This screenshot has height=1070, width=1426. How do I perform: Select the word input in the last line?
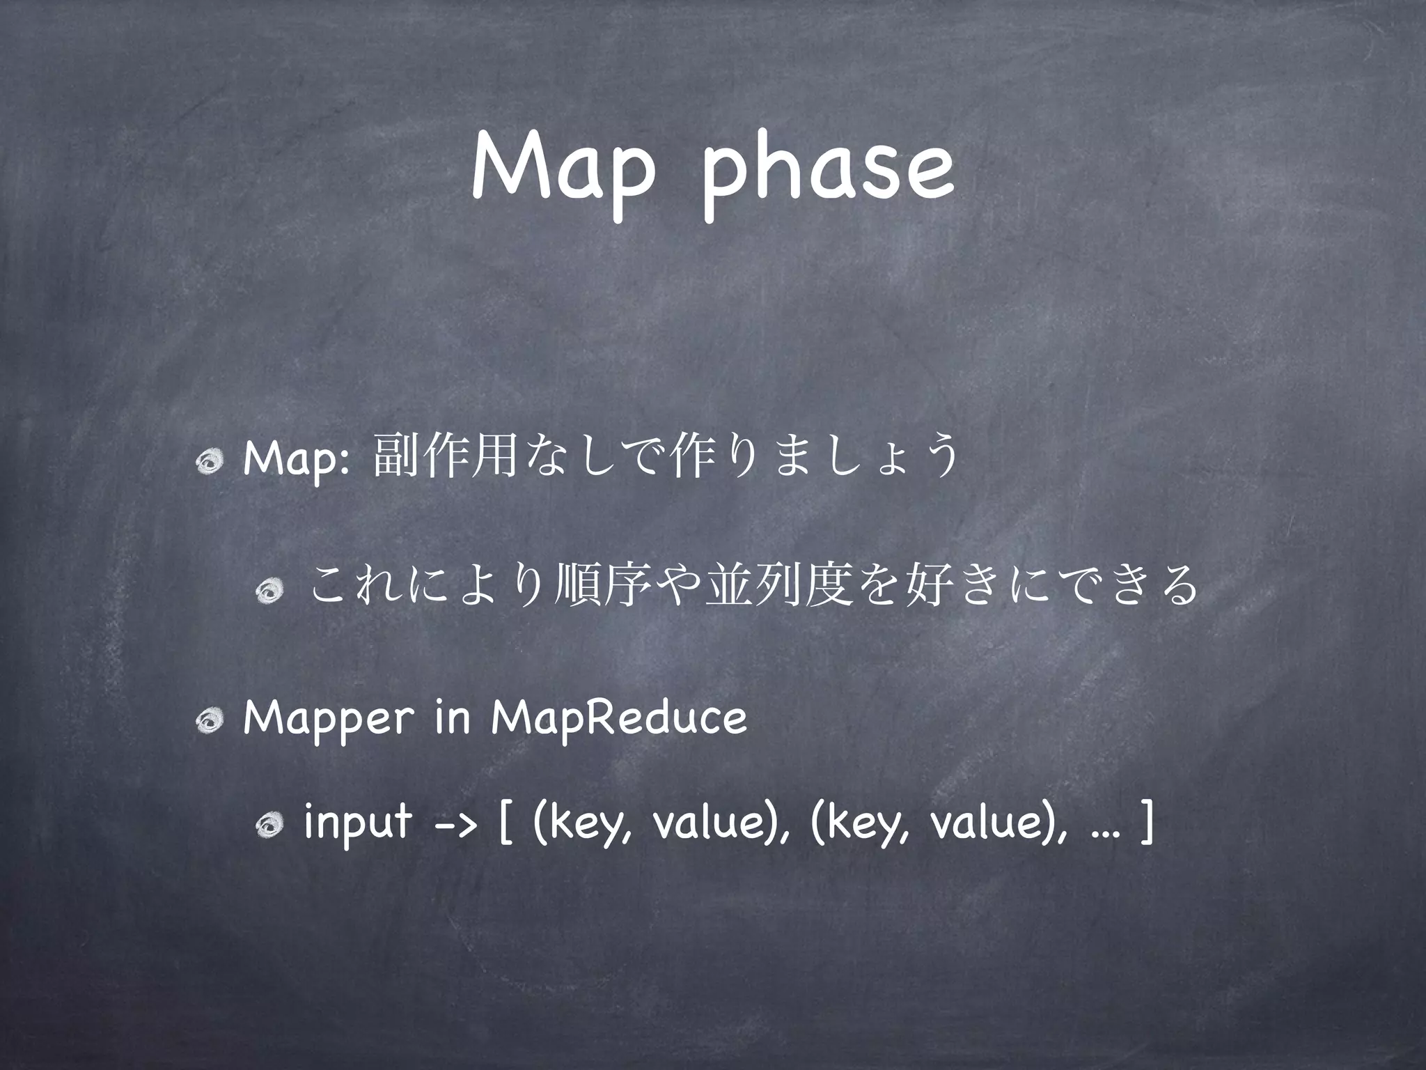[357, 825]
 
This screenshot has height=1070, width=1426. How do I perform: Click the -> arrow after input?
[455, 826]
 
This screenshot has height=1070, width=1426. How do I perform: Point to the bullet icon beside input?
[269, 827]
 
